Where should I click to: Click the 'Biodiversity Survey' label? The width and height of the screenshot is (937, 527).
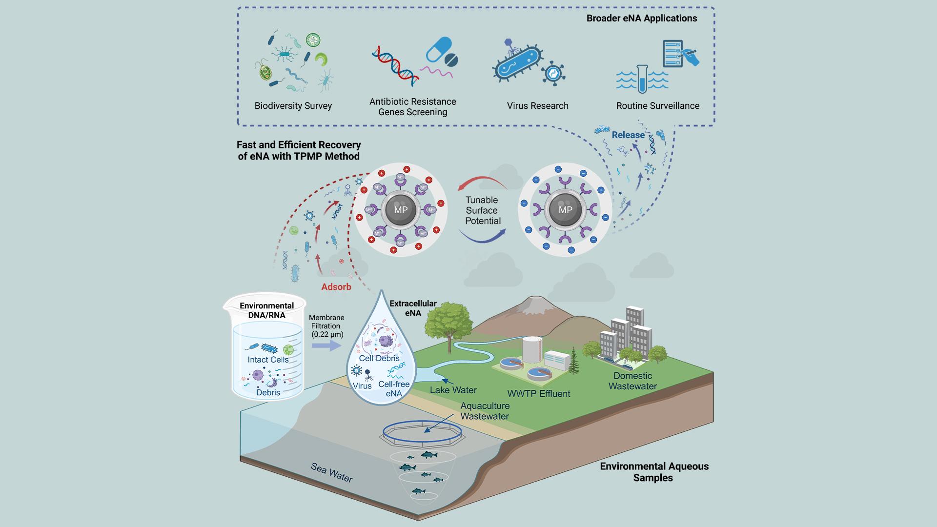pos(293,106)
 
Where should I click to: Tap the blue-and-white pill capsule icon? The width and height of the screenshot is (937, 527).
pos(438,50)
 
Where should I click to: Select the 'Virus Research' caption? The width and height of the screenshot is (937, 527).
pos(537,106)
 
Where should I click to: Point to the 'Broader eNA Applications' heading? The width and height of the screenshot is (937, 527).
pos(641,19)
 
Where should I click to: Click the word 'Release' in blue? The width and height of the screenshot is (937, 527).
pos(628,135)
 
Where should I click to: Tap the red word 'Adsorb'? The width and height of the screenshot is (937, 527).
pos(336,287)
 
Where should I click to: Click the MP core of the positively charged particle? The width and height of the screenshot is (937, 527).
pos(401,210)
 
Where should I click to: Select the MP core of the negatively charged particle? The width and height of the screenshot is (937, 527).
pos(565,210)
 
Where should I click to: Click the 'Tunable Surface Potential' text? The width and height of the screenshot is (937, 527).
pos(482,210)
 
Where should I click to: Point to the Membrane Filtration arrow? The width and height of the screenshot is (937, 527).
pos(326,345)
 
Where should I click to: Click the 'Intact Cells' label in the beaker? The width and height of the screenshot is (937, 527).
pos(268,360)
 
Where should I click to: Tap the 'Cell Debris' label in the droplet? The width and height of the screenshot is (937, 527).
pos(379,358)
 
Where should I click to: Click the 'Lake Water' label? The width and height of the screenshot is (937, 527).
pos(453,390)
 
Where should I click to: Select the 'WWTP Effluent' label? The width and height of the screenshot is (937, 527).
pos(538,394)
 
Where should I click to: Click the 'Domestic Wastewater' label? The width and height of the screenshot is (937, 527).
pos(632,381)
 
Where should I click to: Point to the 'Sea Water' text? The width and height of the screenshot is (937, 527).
pos(332,472)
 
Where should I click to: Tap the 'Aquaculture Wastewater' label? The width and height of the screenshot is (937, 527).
pos(485,411)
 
